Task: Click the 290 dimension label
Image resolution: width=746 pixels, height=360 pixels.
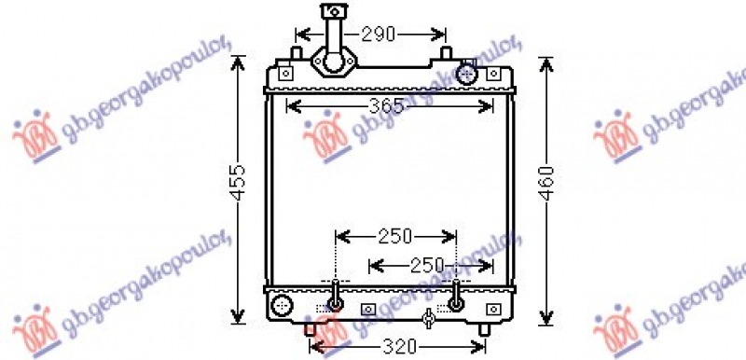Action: [x=379, y=35]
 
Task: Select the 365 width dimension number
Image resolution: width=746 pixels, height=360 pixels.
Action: [x=386, y=106]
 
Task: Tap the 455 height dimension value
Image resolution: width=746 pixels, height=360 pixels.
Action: [x=239, y=182]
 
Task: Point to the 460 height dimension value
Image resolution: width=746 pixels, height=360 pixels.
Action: [x=547, y=183]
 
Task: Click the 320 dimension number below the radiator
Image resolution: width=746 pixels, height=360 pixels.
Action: [x=399, y=347]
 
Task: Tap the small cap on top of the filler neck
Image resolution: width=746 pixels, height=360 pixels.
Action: [x=335, y=11]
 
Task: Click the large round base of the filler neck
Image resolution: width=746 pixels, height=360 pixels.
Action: [x=334, y=62]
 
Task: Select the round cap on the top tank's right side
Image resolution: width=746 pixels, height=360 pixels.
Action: [x=465, y=74]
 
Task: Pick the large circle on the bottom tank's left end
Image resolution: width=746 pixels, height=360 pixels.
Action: [x=283, y=304]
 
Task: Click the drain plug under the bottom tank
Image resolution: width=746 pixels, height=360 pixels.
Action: [x=428, y=318]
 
